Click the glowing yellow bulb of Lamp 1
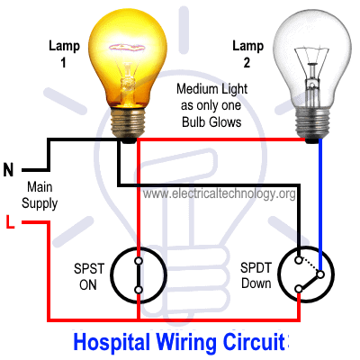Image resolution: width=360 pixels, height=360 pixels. click(x=127, y=57)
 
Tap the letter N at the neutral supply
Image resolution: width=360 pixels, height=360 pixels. click(x=8, y=170)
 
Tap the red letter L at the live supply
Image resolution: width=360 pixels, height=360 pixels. click(x=10, y=222)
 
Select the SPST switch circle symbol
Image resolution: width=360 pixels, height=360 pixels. click(x=111, y=275)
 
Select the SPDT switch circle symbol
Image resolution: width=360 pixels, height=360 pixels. click(x=278, y=274)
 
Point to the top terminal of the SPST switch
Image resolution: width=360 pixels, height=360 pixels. click(x=139, y=261)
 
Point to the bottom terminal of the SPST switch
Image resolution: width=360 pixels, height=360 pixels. click(x=139, y=290)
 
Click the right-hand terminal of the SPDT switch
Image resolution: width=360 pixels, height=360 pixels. click(x=320, y=274)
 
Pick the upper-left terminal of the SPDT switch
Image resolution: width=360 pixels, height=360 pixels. click(x=299, y=260)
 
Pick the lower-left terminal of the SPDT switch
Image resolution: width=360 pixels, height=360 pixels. click(x=299, y=289)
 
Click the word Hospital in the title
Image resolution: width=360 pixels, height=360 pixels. click(x=112, y=342)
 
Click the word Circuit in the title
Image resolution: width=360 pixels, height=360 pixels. click(x=255, y=341)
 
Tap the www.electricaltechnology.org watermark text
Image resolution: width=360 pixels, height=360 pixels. click(x=219, y=193)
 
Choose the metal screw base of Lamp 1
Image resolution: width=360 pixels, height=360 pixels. click(x=128, y=123)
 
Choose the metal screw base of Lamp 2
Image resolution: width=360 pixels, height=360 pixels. click(x=312, y=123)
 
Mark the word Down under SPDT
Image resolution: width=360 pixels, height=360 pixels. click(x=256, y=283)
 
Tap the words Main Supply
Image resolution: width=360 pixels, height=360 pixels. click(x=40, y=195)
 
